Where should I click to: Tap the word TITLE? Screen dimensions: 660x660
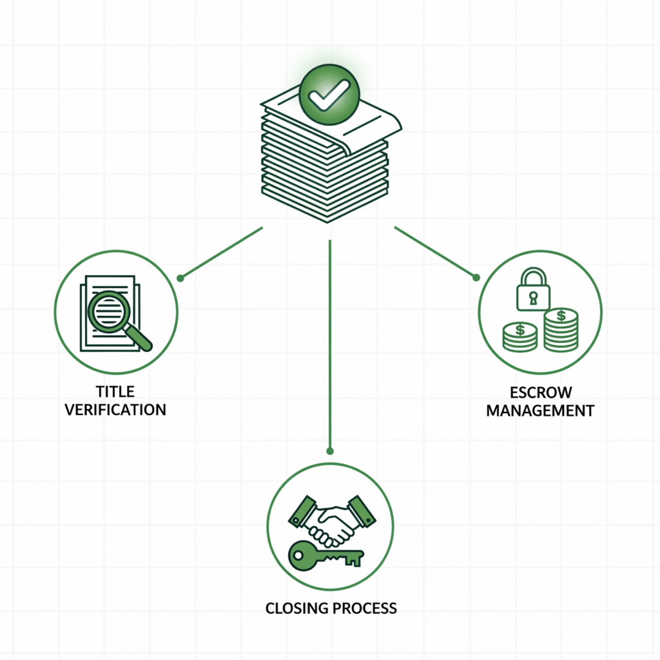click(115, 391)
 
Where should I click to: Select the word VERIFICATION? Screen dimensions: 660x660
click(115, 409)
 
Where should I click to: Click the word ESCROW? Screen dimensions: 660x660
click(540, 393)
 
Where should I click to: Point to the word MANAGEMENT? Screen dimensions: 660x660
click(540, 411)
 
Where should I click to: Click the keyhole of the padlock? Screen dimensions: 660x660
click(532, 298)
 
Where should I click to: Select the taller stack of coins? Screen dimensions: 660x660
click(561, 330)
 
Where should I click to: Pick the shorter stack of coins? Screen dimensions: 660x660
click(519, 338)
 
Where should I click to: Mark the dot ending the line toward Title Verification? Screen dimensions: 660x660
click(180, 278)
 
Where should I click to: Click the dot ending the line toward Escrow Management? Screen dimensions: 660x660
click(476, 277)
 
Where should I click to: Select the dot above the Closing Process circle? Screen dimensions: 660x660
click(329, 451)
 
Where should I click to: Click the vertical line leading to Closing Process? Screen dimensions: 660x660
click(329, 342)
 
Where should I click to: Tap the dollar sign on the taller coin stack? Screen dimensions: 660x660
click(561, 316)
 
